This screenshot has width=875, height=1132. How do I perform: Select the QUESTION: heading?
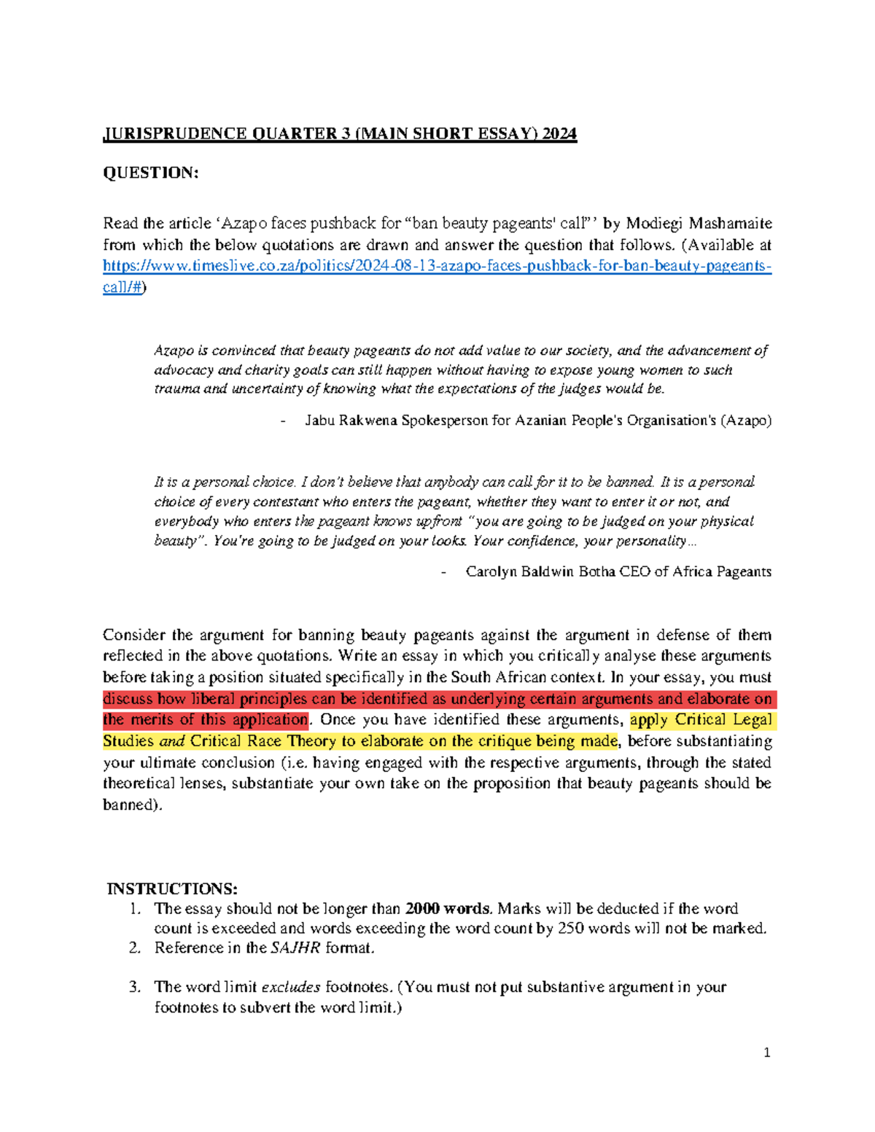point(150,173)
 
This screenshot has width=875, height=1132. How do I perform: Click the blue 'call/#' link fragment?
point(122,287)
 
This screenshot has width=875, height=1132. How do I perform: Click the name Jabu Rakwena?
point(351,421)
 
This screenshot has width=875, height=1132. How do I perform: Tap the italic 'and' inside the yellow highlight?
point(171,741)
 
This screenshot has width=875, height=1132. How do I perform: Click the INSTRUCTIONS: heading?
point(172,889)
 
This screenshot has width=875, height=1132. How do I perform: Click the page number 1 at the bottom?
point(766,1053)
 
